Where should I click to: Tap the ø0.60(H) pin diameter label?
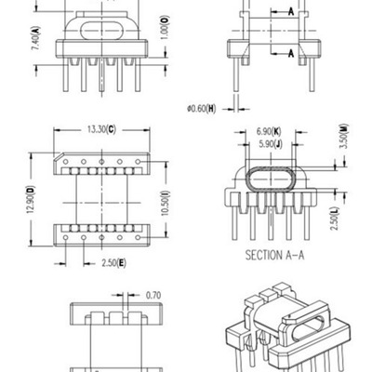[x=202, y=109]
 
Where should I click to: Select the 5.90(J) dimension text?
[x=271, y=146]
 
